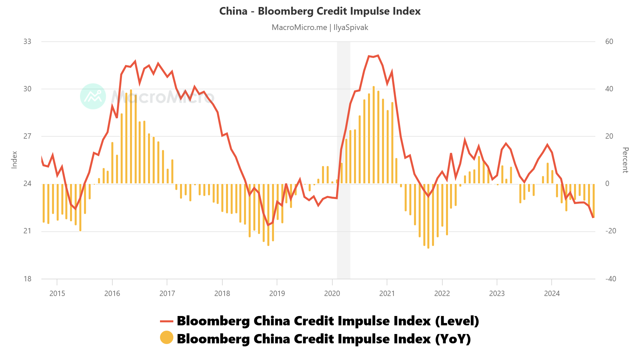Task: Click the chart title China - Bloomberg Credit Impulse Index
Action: (320, 11)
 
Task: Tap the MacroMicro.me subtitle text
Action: (299, 27)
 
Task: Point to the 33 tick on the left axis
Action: (27, 42)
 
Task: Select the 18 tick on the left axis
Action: (27, 279)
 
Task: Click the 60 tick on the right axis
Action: (609, 42)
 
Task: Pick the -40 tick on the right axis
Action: (611, 279)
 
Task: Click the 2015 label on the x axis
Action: (57, 294)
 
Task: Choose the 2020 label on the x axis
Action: (332, 294)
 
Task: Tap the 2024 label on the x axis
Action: (552, 294)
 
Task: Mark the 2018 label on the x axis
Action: (222, 294)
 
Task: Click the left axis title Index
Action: (14, 160)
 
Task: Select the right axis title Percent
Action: (625, 160)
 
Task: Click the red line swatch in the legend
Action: (166, 321)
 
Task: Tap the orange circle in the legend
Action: (166, 337)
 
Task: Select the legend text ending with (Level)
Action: (328, 321)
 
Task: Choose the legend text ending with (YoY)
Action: (324, 339)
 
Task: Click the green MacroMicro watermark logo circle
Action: (93, 96)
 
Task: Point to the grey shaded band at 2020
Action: (344, 160)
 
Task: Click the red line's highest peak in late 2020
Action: (378, 56)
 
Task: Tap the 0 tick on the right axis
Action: (607, 184)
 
